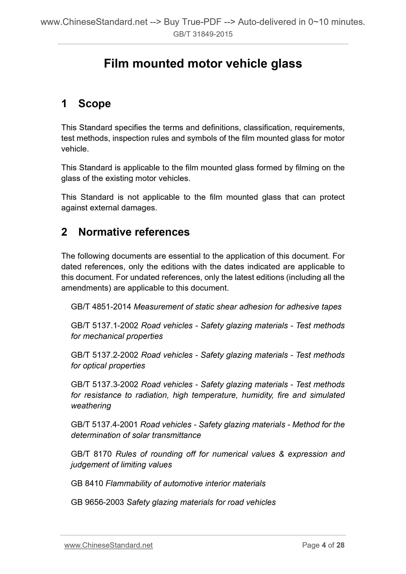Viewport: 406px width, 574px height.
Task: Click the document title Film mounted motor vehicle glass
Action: click(203, 64)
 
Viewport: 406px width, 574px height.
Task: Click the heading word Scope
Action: click(94, 103)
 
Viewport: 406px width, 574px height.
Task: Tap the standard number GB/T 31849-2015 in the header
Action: click(203, 34)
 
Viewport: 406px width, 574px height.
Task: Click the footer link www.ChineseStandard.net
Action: click(108, 545)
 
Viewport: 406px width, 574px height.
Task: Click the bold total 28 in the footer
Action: click(340, 545)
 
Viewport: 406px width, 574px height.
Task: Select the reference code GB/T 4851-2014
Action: click(101, 307)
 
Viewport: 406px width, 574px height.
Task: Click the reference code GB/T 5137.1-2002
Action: click(105, 325)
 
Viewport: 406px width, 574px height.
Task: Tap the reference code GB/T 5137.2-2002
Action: click(105, 355)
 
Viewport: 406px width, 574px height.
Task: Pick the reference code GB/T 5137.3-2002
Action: click(105, 384)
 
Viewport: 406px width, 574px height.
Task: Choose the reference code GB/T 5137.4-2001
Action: click(104, 425)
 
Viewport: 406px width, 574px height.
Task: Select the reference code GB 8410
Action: click(87, 483)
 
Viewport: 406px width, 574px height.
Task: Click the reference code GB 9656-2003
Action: click(97, 502)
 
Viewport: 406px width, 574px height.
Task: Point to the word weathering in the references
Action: click(91, 406)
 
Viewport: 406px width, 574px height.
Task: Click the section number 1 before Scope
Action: click(64, 103)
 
